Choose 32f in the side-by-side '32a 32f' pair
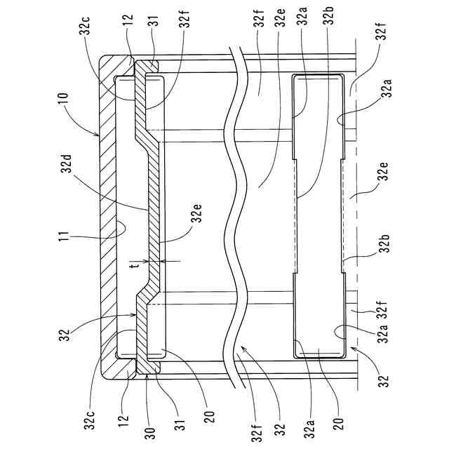coord(384,309)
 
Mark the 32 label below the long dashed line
coord(384,381)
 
